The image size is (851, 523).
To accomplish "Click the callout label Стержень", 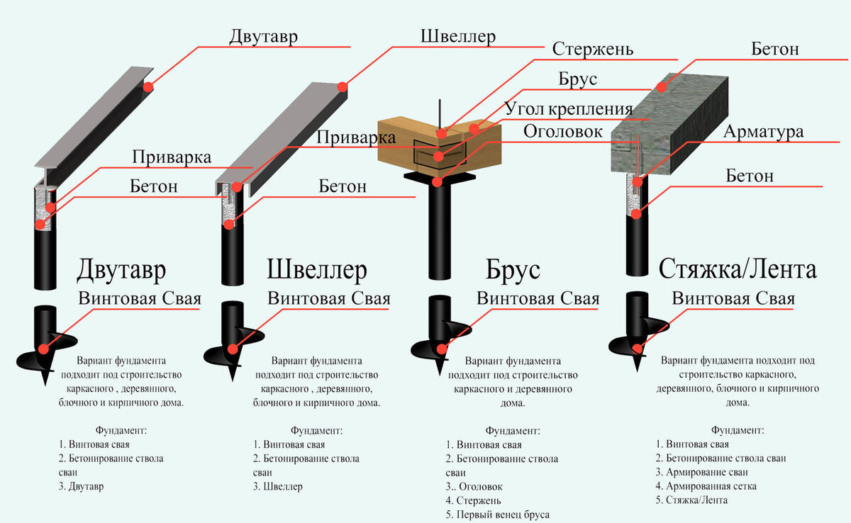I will click(592, 50).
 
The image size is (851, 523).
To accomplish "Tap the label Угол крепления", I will click(568, 108).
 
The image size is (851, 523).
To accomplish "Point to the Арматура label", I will click(763, 133).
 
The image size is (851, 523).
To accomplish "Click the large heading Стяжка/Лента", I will click(738, 269).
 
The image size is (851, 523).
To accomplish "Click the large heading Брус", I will click(513, 270).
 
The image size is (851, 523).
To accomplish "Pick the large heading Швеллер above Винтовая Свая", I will click(317, 270).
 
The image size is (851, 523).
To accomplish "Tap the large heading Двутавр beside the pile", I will click(122, 270).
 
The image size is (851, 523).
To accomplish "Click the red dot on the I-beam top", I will click(148, 87).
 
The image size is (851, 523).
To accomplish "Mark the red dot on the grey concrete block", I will click(661, 87).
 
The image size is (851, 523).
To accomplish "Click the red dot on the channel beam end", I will click(342, 87).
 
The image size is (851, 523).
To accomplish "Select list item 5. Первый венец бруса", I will click(498, 514).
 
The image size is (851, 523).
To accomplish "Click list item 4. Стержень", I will click(474, 500).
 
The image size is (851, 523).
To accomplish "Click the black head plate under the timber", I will click(440, 175).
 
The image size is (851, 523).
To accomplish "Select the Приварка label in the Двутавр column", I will click(171, 157).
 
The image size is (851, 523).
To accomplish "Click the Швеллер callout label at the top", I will click(457, 35).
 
